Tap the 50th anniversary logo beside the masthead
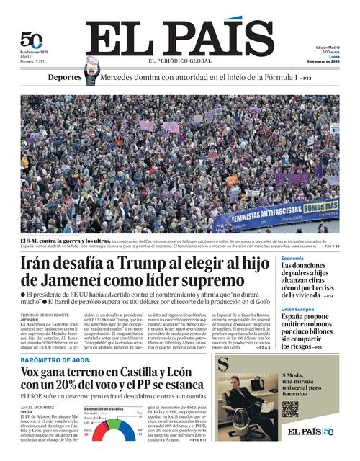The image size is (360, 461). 31,40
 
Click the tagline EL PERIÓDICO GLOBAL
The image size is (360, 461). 180,61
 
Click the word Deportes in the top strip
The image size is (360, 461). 65,77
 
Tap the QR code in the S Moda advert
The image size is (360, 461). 289,409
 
